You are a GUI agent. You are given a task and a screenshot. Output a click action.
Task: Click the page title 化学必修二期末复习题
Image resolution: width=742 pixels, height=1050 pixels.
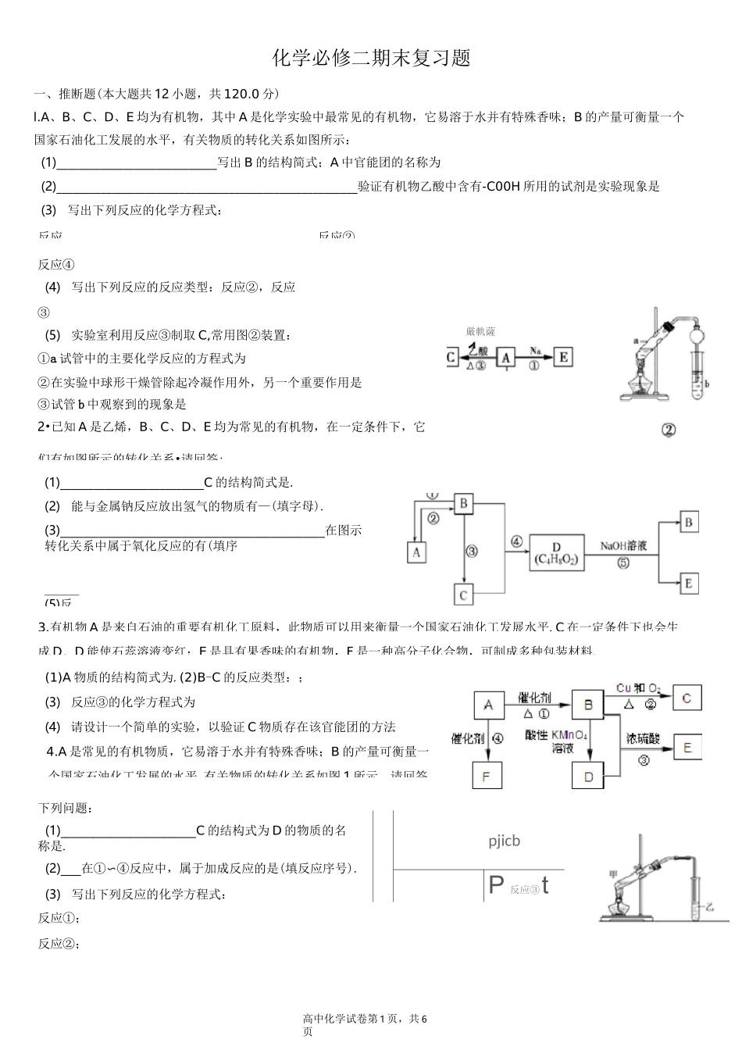pos(371,59)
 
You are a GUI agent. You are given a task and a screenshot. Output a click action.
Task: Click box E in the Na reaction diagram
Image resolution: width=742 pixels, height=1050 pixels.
pos(562,358)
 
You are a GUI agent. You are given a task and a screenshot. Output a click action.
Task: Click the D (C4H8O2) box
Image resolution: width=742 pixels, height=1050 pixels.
pos(556,552)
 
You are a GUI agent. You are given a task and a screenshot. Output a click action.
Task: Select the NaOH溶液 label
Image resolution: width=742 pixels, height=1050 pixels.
pos(623,546)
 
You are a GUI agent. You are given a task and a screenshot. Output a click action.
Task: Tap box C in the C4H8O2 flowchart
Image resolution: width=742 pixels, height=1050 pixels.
pos(463,595)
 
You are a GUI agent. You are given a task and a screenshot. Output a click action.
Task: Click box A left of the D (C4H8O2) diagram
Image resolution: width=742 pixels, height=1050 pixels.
pos(417,552)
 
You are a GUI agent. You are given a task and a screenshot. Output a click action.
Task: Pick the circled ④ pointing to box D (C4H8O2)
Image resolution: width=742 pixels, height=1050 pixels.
pos(516,541)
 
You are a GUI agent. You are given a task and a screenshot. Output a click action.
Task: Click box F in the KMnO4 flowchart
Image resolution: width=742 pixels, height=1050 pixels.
pos(488,776)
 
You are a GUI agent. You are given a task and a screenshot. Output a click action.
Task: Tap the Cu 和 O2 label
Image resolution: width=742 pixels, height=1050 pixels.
pos(638,688)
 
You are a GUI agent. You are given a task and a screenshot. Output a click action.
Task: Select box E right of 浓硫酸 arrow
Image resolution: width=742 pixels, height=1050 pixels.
pos(687,748)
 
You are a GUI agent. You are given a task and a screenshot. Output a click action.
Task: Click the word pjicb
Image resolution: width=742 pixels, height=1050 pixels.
pos(504,841)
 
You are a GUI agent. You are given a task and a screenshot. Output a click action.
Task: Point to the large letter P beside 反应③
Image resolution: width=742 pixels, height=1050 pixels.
pos(496,885)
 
